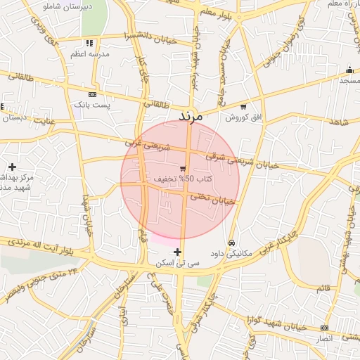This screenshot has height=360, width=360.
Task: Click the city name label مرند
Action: coord(190,115)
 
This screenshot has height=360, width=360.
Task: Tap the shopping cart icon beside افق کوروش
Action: coord(243,108)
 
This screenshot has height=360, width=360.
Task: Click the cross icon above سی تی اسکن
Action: coord(177,252)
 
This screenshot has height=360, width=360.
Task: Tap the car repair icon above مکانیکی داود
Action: coord(233,243)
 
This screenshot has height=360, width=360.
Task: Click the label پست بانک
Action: coord(93,105)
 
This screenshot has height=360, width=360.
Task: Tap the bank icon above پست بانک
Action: coord(92,94)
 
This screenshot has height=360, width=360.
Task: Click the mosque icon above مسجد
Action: coord(349,70)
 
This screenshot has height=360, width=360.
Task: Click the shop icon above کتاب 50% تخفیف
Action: coord(183,168)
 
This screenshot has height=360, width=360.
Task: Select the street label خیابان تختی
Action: coord(212,199)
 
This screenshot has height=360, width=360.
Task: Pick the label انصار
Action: coord(323,339)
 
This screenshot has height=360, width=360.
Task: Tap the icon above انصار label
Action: coord(323,328)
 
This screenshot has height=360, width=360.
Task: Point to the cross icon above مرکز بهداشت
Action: coord(12,167)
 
